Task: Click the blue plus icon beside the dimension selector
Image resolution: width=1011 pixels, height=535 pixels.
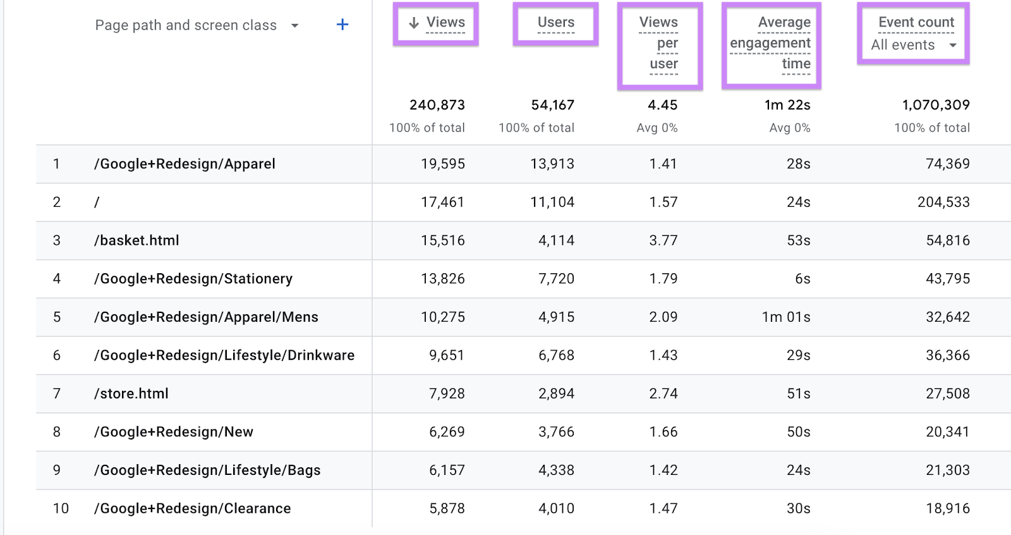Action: (x=342, y=25)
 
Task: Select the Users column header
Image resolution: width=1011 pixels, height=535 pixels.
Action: (x=556, y=23)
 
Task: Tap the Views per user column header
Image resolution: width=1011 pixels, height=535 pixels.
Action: (x=660, y=43)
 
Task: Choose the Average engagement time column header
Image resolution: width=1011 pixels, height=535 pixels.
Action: (x=771, y=43)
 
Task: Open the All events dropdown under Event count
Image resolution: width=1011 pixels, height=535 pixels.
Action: (x=914, y=46)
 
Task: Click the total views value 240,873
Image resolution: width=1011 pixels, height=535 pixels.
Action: (x=437, y=105)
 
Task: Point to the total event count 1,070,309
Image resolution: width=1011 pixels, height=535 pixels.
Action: (x=936, y=105)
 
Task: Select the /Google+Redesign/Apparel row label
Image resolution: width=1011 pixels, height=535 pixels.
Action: (x=185, y=164)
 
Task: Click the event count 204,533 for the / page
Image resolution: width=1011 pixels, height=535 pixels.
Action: (x=943, y=202)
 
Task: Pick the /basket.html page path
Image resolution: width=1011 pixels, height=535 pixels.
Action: (x=136, y=240)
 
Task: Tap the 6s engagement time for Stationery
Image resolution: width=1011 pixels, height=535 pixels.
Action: (x=802, y=279)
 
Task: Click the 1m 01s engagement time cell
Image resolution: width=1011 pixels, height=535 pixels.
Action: (x=786, y=317)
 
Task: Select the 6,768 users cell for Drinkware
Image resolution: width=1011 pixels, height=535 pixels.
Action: (x=556, y=355)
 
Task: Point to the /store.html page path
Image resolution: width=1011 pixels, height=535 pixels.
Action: (x=131, y=393)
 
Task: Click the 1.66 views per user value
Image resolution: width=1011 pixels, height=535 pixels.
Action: (x=663, y=432)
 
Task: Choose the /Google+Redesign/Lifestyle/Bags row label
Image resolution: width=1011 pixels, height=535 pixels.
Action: (x=207, y=470)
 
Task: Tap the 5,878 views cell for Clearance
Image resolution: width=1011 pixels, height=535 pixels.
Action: (x=447, y=508)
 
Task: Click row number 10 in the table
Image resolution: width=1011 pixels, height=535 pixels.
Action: (x=61, y=508)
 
